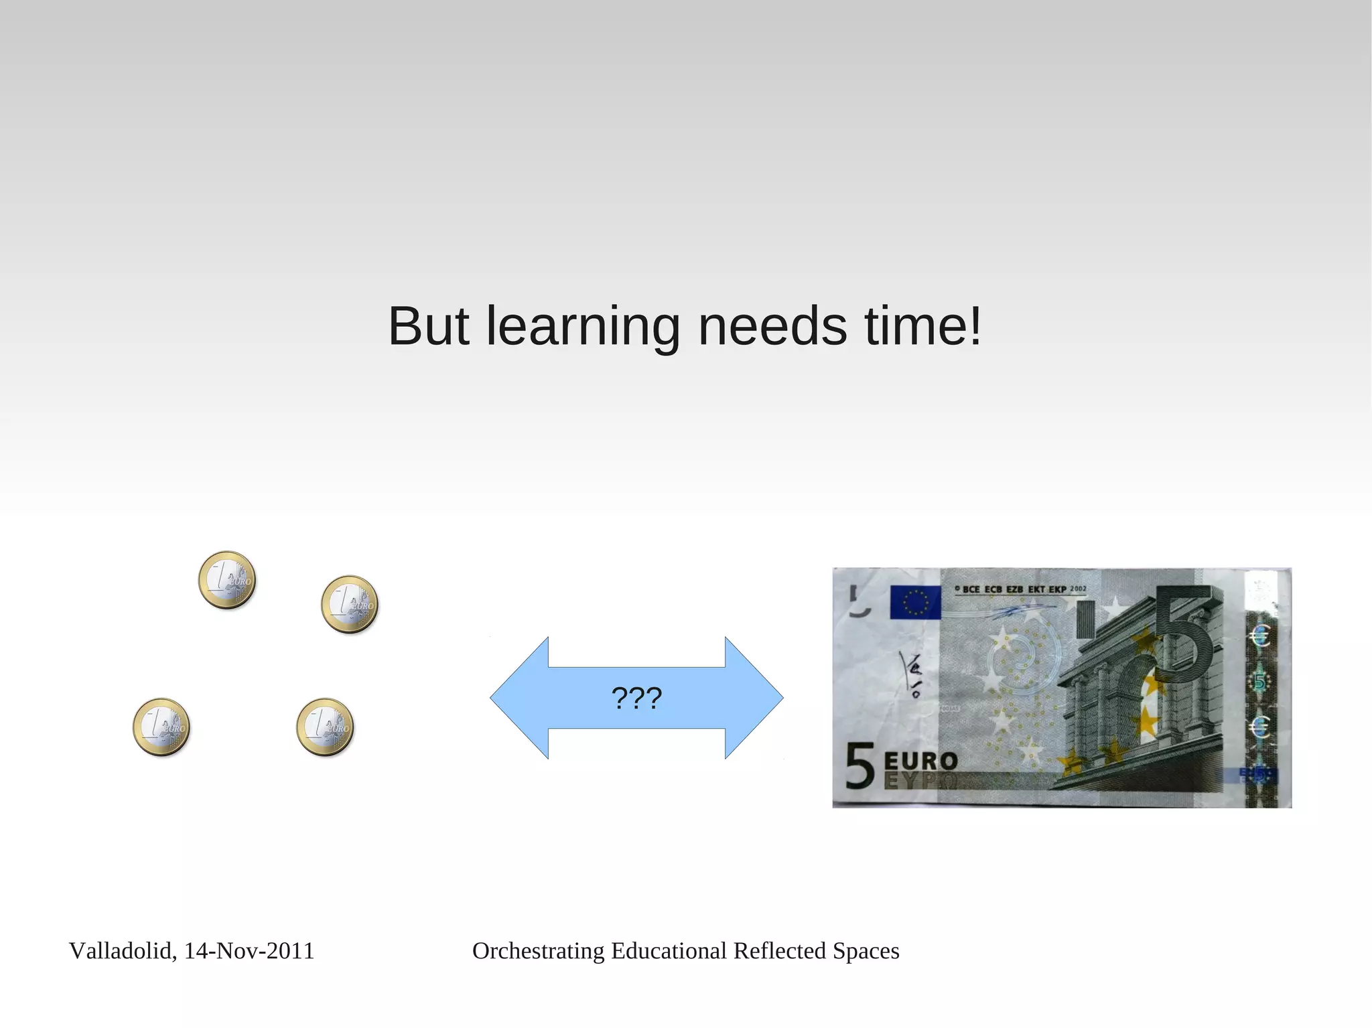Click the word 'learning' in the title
click(x=583, y=327)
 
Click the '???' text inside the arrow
click(x=636, y=698)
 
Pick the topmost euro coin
click(x=227, y=580)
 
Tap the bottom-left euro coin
click(x=161, y=727)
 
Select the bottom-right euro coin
click(x=325, y=727)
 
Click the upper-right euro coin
click(x=350, y=605)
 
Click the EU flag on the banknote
click(x=914, y=601)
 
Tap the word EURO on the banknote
click(x=920, y=761)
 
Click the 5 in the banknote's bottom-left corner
click(x=860, y=765)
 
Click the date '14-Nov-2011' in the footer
click(x=249, y=951)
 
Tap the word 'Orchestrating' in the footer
click(x=538, y=951)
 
